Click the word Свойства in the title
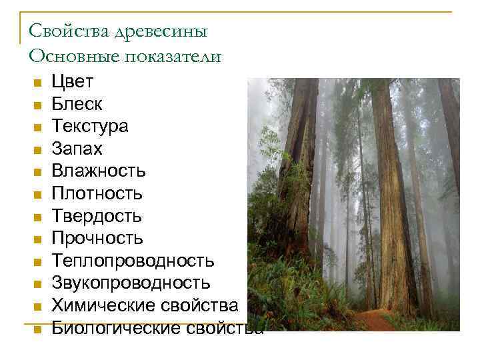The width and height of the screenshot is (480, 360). click(x=61, y=32)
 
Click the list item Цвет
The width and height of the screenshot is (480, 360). click(x=73, y=82)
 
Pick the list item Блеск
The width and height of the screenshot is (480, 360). click(x=77, y=104)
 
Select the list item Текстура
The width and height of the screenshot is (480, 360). click(x=90, y=127)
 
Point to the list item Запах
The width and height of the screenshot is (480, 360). click(x=77, y=149)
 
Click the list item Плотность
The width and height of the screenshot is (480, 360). click(x=97, y=194)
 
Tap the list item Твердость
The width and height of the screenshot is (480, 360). click(x=97, y=216)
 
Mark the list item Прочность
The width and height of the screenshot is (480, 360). click(x=97, y=239)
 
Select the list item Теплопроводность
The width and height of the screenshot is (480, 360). click(x=133, y=261)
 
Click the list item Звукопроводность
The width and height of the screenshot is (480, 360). click(x=131, y=283)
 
